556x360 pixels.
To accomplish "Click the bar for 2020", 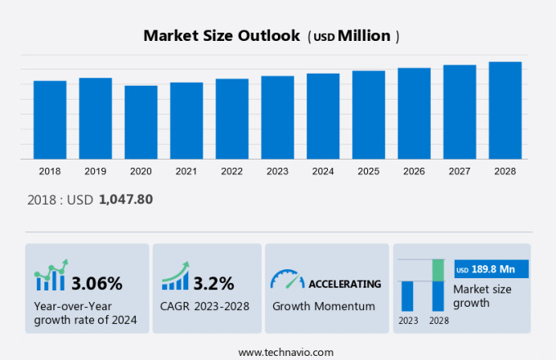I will coord(141,122).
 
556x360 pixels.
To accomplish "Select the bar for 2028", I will coord(505,110).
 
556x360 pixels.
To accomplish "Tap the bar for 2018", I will coord(50,119).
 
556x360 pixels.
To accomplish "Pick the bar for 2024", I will coord(323,116).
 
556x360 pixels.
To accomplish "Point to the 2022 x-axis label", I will coord(231,171).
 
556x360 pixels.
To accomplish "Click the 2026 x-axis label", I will coord(414,171).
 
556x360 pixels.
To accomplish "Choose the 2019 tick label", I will coord(95,171).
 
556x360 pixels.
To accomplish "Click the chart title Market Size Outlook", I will coord(222,36).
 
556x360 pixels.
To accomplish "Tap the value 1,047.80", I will coord(126,199).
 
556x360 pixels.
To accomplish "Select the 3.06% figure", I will coord(96,284).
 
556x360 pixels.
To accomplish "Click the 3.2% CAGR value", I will coord(213,284).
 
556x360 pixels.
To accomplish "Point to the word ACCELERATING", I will coord(344,284).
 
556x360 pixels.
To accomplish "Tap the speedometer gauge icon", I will coord(286,280).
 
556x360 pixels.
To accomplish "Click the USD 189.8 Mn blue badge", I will coord(491,269).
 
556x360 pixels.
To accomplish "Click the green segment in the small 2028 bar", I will coord(438,270).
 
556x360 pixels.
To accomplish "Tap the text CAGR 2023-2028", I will coord(205,306).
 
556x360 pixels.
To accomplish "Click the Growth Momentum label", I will coord(324,306).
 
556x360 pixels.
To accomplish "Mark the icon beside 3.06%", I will coord(50,277).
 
